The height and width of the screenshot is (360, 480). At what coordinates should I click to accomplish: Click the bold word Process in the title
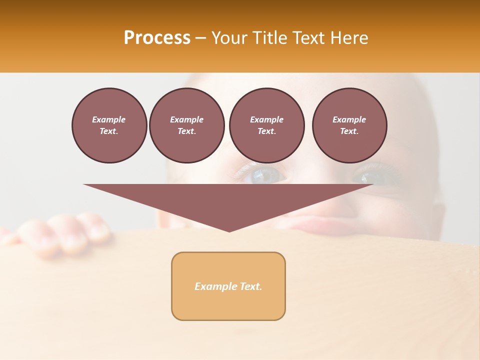157,38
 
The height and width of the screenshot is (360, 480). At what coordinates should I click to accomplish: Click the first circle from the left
109,125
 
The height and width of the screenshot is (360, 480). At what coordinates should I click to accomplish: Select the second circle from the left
186,125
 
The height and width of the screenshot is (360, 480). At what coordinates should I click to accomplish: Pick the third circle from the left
266,125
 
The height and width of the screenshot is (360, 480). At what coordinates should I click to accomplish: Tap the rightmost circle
349,125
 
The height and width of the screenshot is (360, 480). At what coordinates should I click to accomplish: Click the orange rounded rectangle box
228,286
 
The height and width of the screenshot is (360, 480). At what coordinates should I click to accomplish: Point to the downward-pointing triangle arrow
228,200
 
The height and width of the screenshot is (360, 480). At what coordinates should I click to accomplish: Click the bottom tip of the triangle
229,231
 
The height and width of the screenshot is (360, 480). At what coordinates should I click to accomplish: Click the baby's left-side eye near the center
268,175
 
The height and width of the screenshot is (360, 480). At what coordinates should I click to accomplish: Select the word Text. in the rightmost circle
349,131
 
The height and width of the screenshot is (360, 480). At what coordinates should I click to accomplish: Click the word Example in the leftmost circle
109,119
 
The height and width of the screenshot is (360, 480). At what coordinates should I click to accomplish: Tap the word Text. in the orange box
250,286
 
